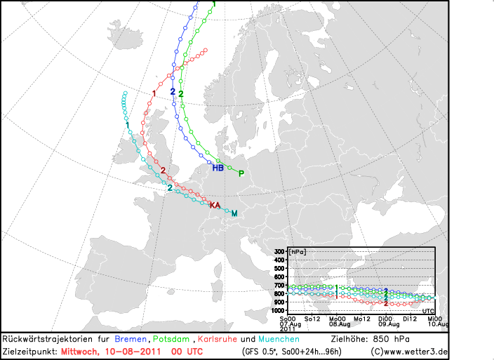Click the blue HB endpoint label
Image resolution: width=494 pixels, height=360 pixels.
click(218, 168)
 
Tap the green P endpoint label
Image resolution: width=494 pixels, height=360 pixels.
click(241, 173)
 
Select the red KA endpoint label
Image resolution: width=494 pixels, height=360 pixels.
click(215, 205)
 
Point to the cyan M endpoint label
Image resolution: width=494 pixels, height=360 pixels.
click(234, 213)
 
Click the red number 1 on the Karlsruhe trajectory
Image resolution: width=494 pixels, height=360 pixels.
click(154, 93)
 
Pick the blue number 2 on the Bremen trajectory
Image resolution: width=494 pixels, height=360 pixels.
click(173, 91)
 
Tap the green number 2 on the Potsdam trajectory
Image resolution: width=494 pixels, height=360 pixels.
click(181, 93)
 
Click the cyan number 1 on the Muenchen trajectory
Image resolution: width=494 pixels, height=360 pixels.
click(127, 125)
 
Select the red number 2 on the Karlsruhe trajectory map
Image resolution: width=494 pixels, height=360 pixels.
click(163, 171)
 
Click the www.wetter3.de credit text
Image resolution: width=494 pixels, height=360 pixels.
click(415, 351)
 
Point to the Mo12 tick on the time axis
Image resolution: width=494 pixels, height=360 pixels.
click(362, 318)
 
